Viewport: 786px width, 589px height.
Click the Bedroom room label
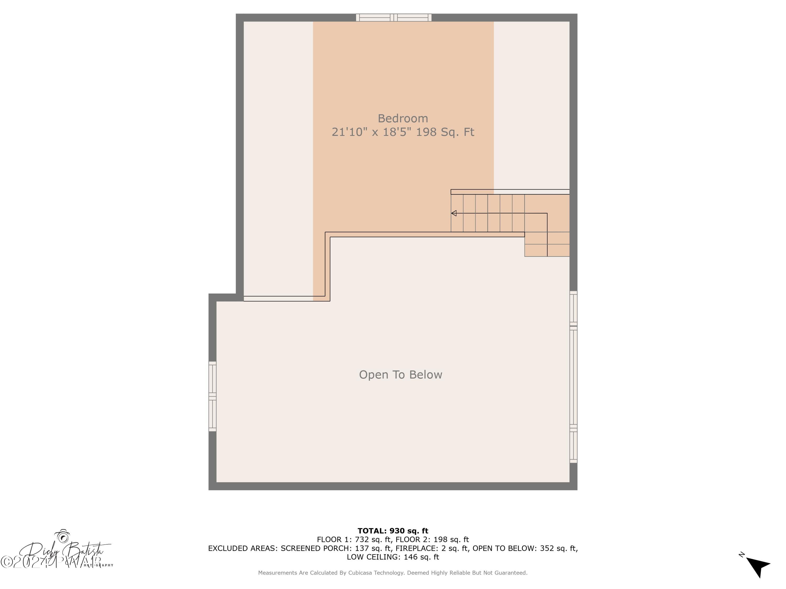pyautogui.click(x=403, y=118)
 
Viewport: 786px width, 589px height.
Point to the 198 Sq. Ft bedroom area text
pyautogui.click(x=445, y=132)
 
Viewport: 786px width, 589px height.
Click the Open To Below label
pyautogui.click(x=400, y=375)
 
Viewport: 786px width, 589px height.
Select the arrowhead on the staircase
pyautogui.click(x=454, y=213)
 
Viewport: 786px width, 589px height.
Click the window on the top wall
pyautogui.click(x=394, y=17)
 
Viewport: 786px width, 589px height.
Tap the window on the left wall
pyautogui.click(x=212, y=396)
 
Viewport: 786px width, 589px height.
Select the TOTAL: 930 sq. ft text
pyautogui.click(x=393, y=531)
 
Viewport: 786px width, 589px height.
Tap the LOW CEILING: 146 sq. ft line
pyautogui.click(x=393, y=557)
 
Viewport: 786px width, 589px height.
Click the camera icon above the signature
pyautogui.click(x=63, y=537)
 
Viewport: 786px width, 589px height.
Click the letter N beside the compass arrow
pyautogui.click(x=741, y=554)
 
